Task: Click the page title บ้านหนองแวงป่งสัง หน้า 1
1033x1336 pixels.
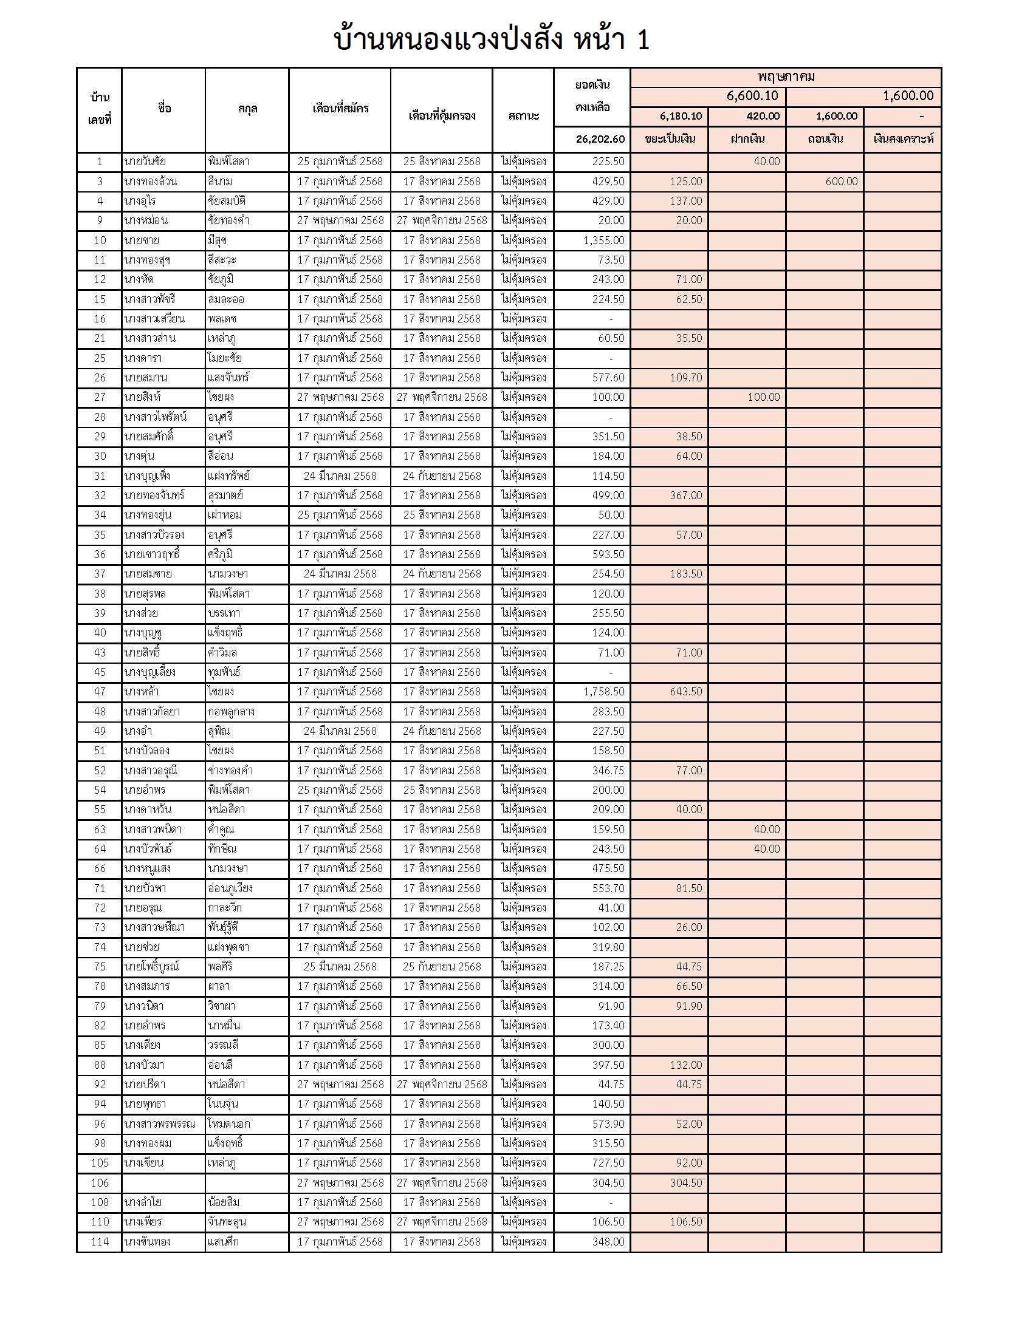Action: click(491, 39)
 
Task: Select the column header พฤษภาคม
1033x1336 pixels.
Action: click(785, 77)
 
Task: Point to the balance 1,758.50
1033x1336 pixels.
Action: click(603, 692)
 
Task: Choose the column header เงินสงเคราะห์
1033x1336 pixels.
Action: click(902, 139)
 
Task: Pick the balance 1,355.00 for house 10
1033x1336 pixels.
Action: click(603, 240)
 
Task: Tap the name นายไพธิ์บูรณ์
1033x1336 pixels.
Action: click(151, 967)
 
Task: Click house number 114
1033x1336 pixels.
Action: click(100, 1241)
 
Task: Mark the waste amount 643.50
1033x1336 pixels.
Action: click(685, 692)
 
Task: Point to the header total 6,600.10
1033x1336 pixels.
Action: click(752, 96)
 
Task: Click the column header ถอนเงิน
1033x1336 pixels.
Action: click(825, 139)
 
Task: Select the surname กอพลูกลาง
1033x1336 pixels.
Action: click(231, 712)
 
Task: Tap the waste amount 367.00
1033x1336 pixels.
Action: click(685, 496)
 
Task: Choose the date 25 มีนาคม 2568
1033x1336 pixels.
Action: click(340, 967)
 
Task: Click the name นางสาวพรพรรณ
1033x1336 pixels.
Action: click(159, 1123)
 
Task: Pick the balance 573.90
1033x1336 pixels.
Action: click(608, 1123)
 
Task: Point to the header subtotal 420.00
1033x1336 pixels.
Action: click(763, 116)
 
